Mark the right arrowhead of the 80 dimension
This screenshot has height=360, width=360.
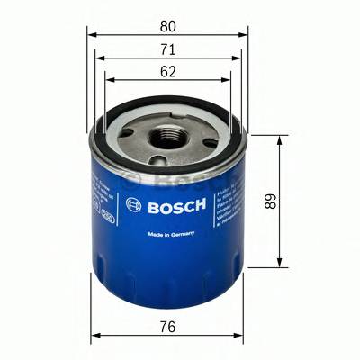pos(246,32)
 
